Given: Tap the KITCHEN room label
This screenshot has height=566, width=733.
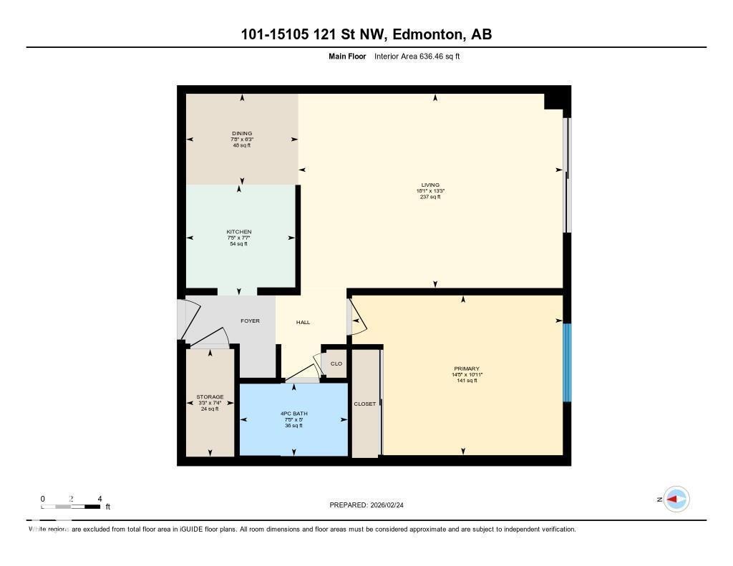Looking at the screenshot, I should click(x=238, y=232).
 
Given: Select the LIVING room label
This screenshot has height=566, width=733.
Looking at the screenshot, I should click(x=429, y=185).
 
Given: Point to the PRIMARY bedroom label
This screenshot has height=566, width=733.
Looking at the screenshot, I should click(x=465, y=369).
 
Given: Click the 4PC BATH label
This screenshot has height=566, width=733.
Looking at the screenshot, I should click(x=293, y=414).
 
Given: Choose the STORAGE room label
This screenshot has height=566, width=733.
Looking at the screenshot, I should click(x=210, y=397).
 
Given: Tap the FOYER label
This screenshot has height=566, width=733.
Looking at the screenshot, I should click(x=250, y=321).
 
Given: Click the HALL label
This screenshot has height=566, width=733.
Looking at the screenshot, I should click(x=303, y=323).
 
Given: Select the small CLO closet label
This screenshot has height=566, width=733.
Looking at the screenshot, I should click(x=336, y=363).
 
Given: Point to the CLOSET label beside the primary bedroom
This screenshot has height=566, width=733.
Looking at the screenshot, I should click(x=364, y=404).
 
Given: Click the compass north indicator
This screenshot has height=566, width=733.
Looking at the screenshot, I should click(x=675, y=499).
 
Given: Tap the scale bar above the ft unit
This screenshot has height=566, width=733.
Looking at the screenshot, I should click(x=72, y=507).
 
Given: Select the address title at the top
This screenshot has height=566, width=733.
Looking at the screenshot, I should click(x=366, y=34).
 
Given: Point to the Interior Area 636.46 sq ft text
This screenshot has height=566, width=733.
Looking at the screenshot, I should click(x=417, y=56).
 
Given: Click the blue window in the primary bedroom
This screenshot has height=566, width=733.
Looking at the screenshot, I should click(x=567, y=362).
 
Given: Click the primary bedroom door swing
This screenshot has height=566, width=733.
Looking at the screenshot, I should click(x=357, y=318).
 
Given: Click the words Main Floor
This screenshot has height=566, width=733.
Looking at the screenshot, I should click(x=346, y=56).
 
